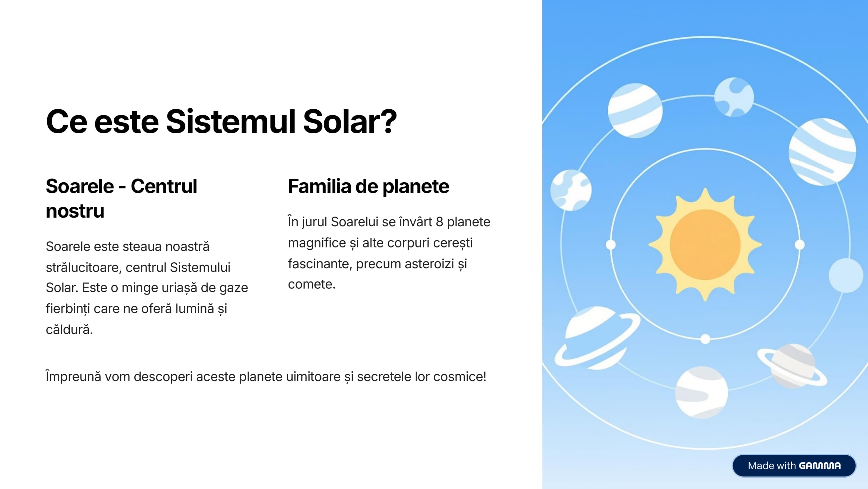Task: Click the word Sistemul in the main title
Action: click(231, 121)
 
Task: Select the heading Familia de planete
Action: click(368, 186)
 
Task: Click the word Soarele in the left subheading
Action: click(80, 186)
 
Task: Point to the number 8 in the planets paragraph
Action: click(439, 222)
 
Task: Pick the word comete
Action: click(311, 284)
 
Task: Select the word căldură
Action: click(69, 329)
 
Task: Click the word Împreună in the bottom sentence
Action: click(73, 377)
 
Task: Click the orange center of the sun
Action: click(705, 245)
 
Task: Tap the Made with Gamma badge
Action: click(794, 466)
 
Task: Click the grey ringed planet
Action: click(792, 366)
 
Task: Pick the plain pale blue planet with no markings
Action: click(846, 275)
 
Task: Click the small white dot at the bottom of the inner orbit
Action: click(705, 339)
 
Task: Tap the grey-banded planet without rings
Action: click(701, 392)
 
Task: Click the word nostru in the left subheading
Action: click(75, 211)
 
